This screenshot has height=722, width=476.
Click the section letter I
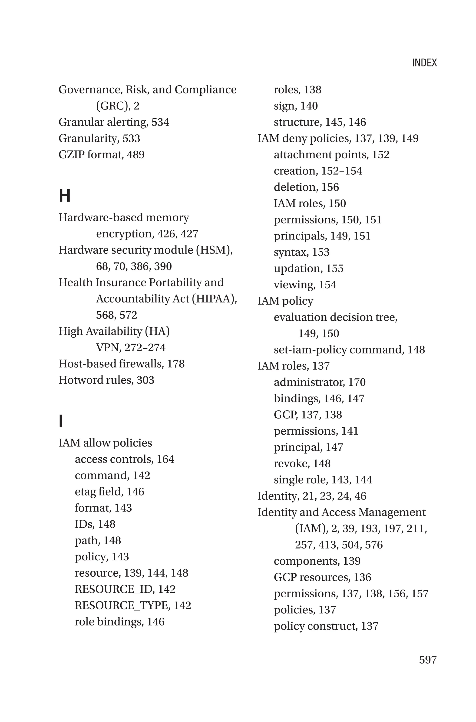61,421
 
